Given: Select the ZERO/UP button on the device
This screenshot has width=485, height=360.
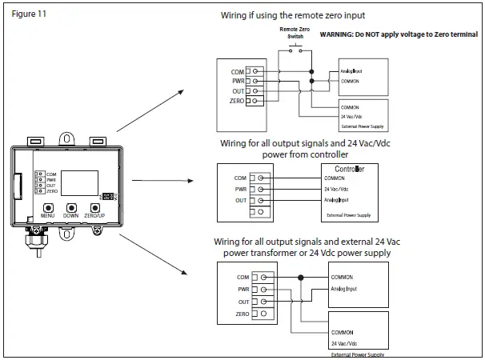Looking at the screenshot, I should pos(94,207).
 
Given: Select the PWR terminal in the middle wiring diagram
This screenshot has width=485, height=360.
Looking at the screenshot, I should pos(255,190).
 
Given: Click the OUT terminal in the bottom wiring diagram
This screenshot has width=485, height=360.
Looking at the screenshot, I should pos(255,302).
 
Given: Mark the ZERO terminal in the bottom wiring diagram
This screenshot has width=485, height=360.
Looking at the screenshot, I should pos(255,315).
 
